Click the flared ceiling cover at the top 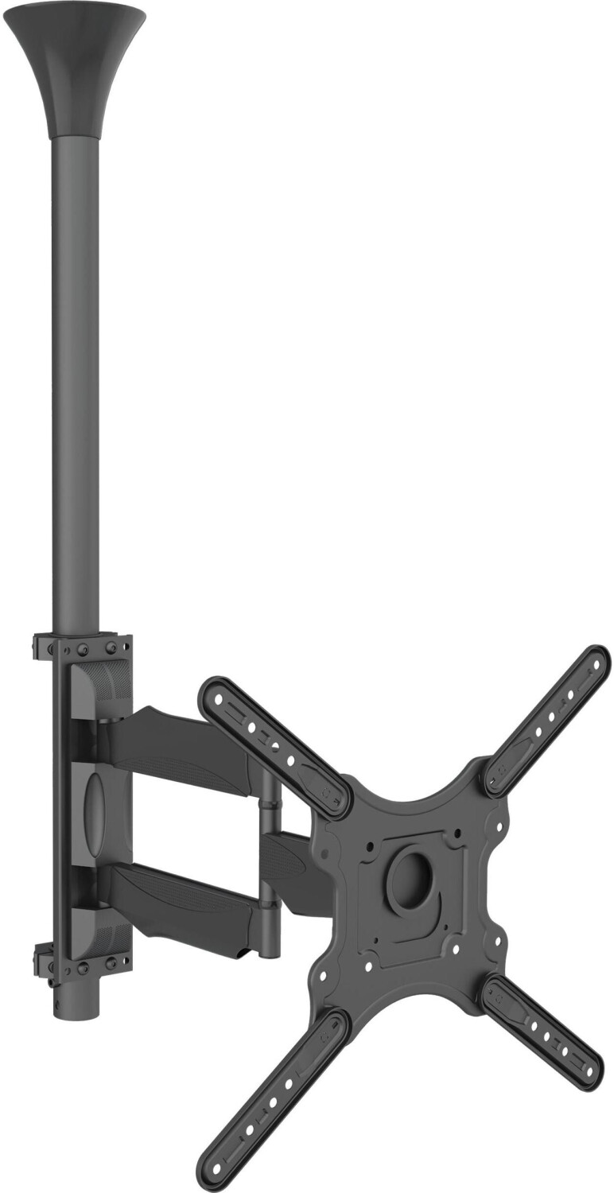(x=75, y=72)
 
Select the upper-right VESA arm (x=549, y=721)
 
